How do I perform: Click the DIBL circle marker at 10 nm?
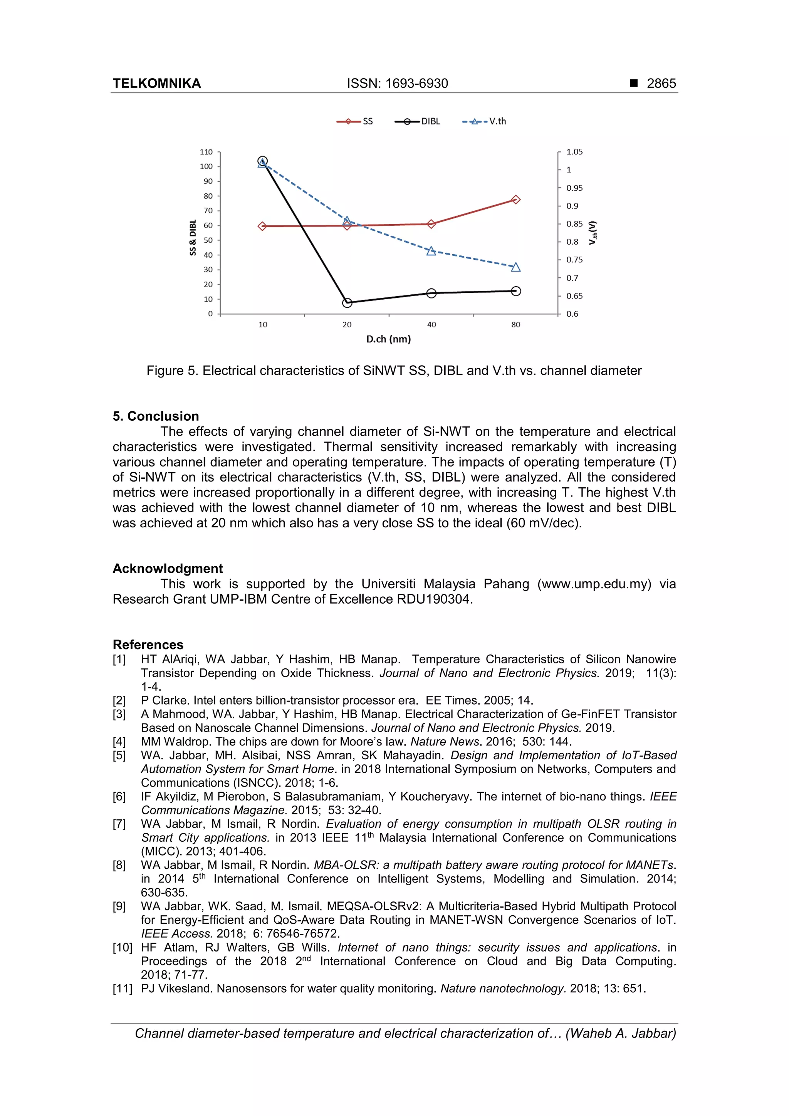point(262,161)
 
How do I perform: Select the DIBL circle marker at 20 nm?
point(347,303)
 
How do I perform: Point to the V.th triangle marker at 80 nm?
point(516,267)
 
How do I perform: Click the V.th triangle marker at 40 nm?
point(431,251)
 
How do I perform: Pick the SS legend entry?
point(355,121)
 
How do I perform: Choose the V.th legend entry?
point(484,121)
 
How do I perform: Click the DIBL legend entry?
point(418,121)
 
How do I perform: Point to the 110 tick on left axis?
point(206,152)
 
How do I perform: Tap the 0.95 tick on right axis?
point(574,188)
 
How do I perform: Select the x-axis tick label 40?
point(431,325)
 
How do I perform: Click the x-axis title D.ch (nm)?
point(388,339)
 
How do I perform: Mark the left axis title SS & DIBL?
point(193,238)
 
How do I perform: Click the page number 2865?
point(661,84)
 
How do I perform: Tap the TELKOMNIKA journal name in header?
point(156,84)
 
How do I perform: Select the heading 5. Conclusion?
point(156,416)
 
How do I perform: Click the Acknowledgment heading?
point(168,568)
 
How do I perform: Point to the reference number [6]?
point(119,797)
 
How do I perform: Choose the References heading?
point(148,644)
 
